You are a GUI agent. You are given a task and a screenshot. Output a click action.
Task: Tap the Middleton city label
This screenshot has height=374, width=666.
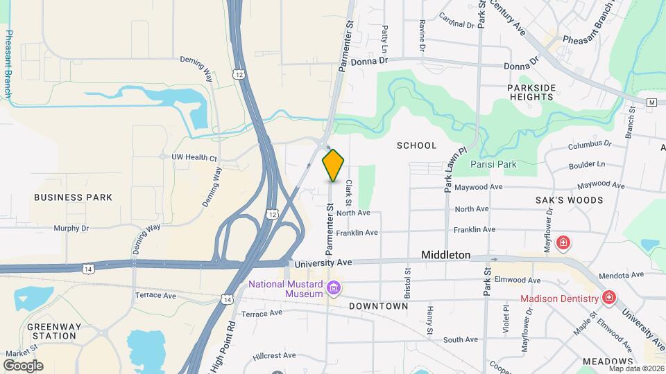click(x=446, y=255)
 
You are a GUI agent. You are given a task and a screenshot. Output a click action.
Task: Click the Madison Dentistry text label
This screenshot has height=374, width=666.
click(x=560, y=299)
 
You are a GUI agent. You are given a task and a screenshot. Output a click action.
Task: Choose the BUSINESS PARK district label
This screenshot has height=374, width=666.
click(x=73, y=197)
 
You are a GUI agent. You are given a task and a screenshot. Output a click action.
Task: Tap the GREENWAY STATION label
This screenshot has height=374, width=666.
click(x=52, y=331)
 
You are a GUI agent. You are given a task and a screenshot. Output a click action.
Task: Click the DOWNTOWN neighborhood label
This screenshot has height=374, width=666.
click(x=378, y=305)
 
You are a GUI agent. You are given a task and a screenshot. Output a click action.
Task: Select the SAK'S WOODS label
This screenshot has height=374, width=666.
click(x=569, y=200)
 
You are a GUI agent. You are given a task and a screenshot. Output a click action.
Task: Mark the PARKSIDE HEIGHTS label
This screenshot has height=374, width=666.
click(x=531, y=92)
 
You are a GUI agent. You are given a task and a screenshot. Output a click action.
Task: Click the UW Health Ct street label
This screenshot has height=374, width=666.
click(x=194, y=157)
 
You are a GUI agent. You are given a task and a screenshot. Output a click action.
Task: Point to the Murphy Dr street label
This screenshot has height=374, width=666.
click(x=71, y=228)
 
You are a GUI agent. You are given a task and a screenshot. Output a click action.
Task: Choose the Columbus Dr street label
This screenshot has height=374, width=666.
click(x=589, y=145)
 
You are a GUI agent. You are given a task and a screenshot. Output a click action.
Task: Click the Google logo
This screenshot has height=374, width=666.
click(x=23, y=366)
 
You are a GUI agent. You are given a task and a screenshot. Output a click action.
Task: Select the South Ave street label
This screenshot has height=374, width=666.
click(x=461, y=339)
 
